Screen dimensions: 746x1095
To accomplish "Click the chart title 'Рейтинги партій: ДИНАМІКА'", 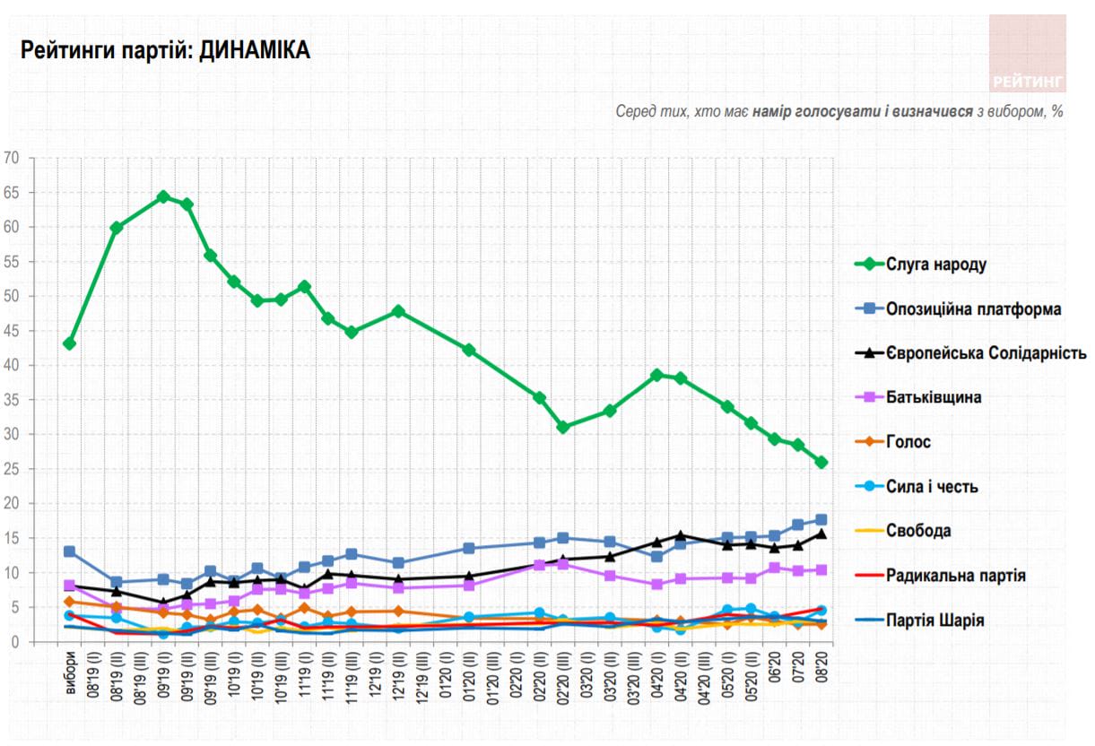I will click(165, 51).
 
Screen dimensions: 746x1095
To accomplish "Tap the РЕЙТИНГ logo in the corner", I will click(1028, 54).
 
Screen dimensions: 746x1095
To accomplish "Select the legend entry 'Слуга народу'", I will click(936, 265).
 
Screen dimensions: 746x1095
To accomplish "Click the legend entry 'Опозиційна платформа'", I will click(973, 309).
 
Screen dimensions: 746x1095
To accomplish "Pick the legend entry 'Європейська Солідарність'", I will click(986, 353).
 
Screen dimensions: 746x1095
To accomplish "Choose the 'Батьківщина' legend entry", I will click(933, 397).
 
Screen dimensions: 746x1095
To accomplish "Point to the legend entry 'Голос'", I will click(908, 442).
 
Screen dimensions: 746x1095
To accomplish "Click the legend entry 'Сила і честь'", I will click(932, 487).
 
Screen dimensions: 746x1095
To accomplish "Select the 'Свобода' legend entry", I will click(918, 531).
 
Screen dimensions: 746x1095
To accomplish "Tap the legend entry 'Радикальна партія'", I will click(955, 576).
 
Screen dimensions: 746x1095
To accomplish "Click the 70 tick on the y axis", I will click(12, 158).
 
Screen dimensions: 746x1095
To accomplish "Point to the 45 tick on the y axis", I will click(12, 331).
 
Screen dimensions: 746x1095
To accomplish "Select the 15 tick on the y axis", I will click(12, 538).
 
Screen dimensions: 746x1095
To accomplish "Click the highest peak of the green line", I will click(163, 196).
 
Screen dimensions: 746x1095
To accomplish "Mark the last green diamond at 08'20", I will click(821, 463).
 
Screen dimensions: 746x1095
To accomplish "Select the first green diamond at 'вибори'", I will click(70, 343).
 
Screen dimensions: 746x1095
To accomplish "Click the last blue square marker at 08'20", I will click(821, 520).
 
